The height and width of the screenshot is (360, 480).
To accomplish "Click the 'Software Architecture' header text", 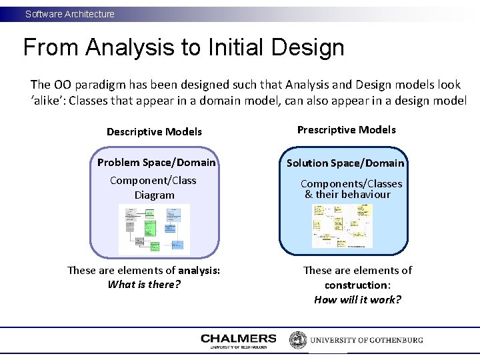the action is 70,14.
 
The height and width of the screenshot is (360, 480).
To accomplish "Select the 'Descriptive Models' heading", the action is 154,131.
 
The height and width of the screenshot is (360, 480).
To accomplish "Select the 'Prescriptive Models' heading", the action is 346,130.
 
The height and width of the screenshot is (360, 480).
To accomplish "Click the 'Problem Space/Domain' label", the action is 157,162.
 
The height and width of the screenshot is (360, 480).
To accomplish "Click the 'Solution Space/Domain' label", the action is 345,163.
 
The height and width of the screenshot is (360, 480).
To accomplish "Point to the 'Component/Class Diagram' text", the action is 154,187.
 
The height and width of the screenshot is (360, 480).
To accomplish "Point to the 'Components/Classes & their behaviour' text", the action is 351,189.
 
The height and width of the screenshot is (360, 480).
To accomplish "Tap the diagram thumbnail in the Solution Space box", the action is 342,226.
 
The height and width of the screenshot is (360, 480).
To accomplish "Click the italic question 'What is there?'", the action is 144,285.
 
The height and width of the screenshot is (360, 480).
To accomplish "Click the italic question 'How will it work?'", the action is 358,299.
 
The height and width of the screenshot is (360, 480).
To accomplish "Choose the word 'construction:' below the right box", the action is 357,285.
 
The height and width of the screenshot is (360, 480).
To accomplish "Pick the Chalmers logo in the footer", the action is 238,341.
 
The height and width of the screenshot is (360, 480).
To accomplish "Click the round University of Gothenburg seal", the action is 297,339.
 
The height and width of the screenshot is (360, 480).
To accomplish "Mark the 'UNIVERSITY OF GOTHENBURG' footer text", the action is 366,340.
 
